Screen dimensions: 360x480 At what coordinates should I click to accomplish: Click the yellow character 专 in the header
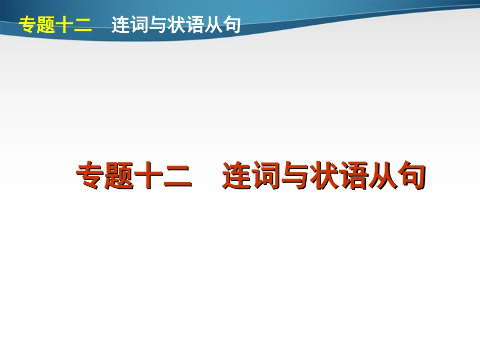click(27, 25)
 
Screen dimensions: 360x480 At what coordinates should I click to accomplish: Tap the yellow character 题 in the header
click(45, 25)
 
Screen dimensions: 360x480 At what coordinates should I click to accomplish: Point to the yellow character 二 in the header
click(83, 25)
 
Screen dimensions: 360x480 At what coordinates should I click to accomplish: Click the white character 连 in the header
click(121, 25)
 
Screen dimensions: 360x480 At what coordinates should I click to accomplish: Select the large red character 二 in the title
click(177, 176)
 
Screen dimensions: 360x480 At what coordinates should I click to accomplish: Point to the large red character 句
click(411, 176)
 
